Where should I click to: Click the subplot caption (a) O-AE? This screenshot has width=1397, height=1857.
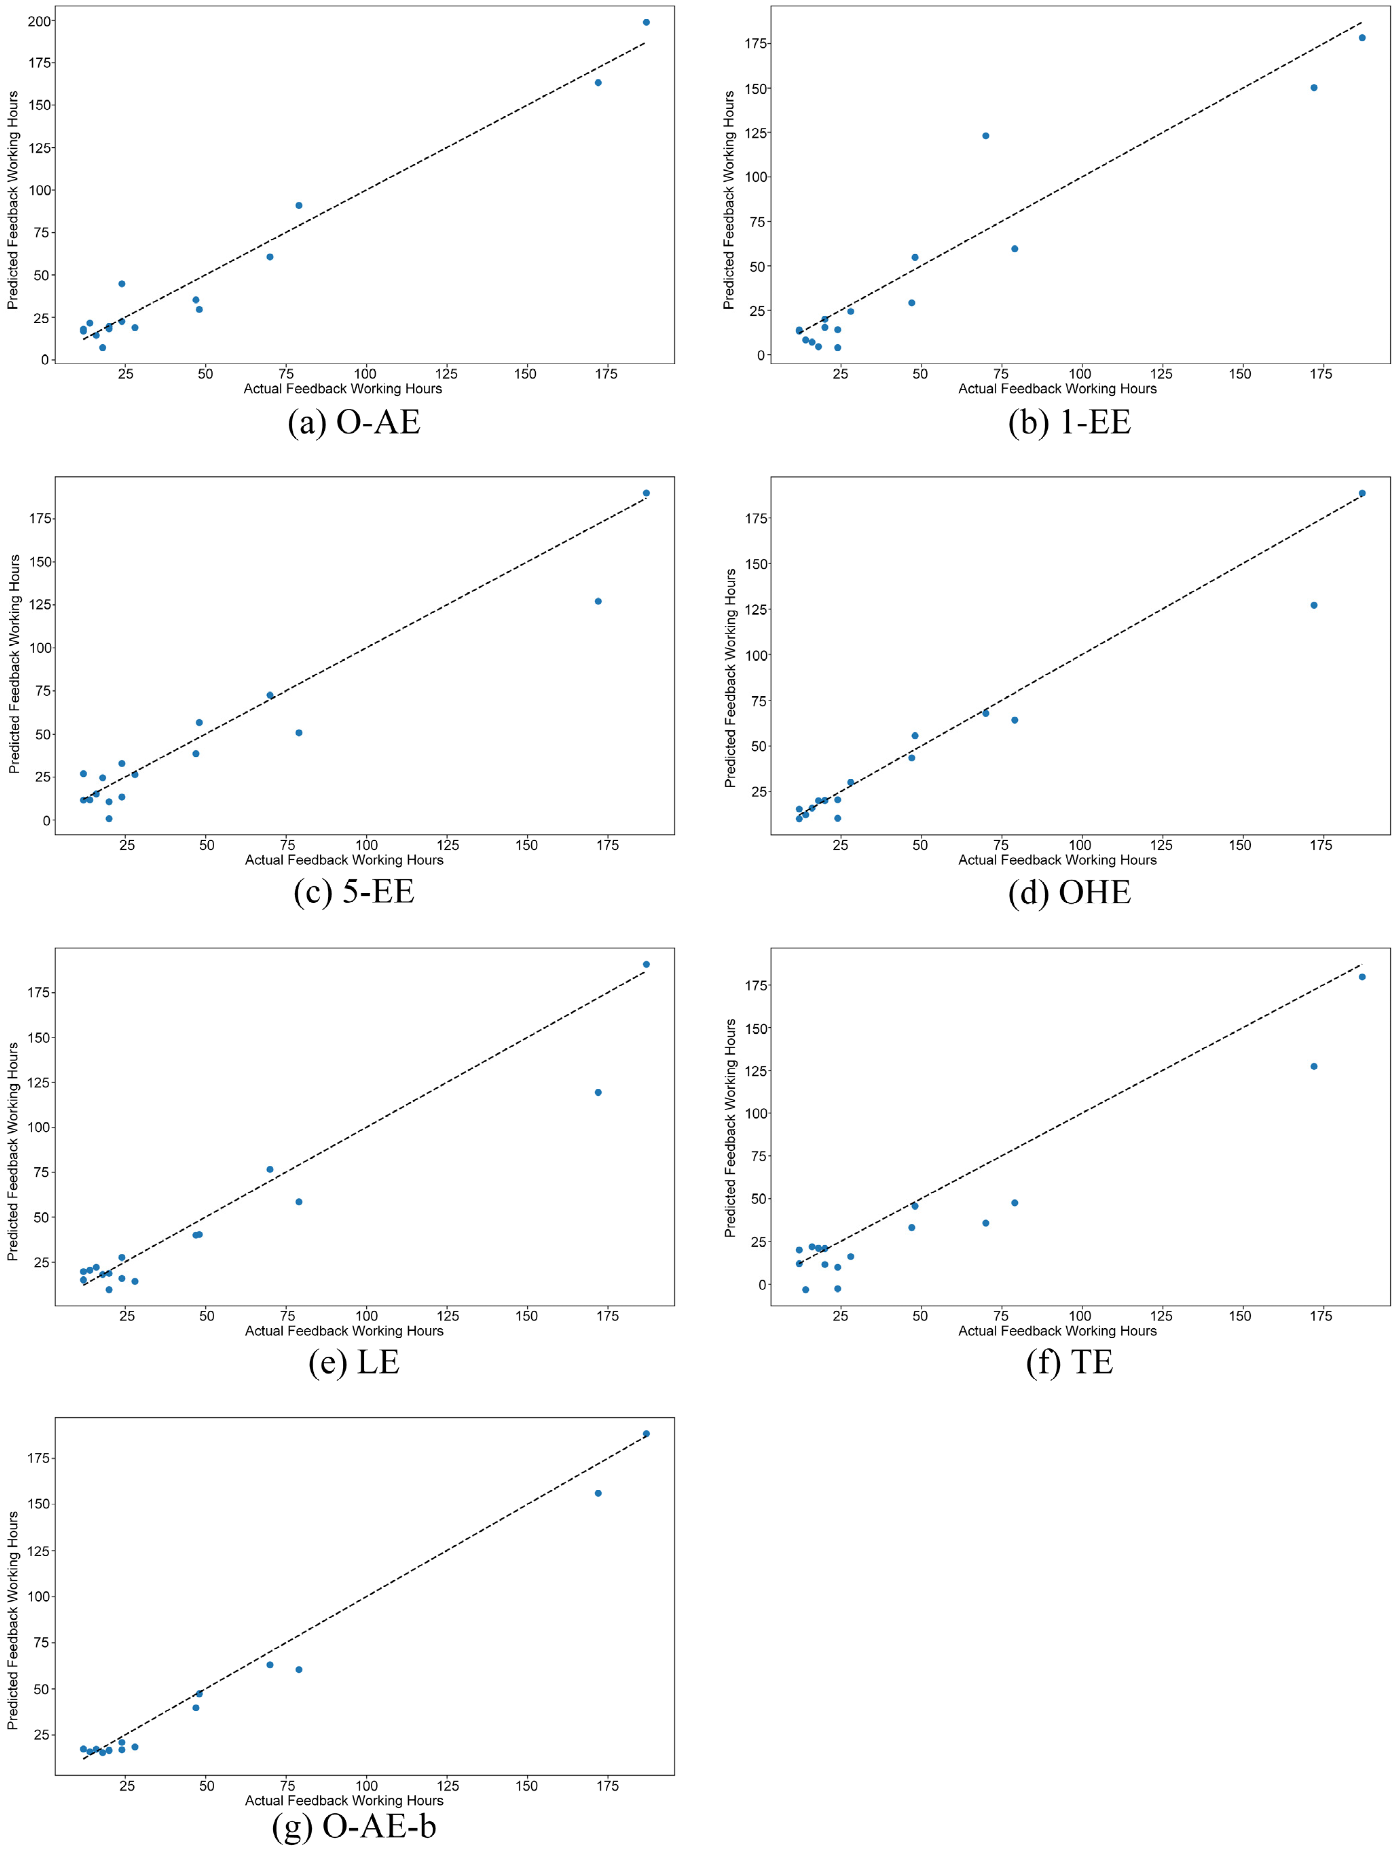353,421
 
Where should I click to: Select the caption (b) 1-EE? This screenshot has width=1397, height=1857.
1069,421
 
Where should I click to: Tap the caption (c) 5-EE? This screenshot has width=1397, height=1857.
353,891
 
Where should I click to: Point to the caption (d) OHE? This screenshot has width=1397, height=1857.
1069,891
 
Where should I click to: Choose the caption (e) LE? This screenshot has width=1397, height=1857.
353,1362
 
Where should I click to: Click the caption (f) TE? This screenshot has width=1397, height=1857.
1069,1362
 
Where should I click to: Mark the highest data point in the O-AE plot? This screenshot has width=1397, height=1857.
646,22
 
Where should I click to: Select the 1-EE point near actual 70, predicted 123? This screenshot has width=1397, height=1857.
986,136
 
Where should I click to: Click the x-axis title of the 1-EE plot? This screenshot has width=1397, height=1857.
1057,389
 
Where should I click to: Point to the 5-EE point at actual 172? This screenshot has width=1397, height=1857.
598,601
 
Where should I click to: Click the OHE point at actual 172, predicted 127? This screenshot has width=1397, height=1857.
1314,605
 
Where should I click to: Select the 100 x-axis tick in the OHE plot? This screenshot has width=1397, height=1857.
1080,845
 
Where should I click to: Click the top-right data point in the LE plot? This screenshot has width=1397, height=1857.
646,964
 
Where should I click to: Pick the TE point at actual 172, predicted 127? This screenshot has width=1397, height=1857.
1314,1066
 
